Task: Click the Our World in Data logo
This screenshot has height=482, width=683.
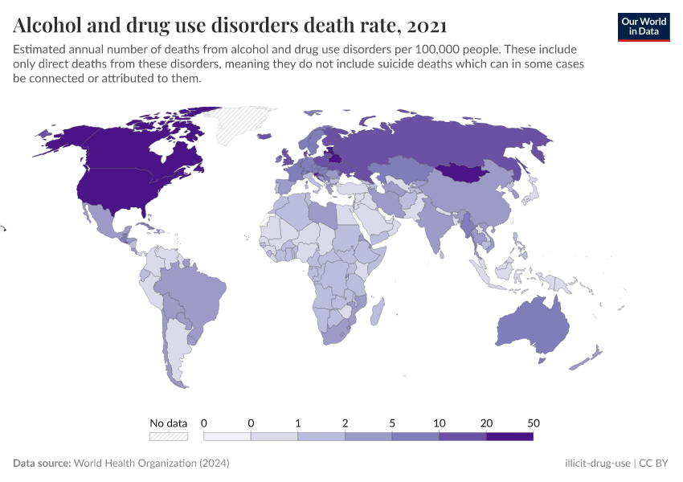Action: pos(643,26)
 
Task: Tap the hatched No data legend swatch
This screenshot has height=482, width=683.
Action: pos(168,436)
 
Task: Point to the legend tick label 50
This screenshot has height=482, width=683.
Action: pos(533,423)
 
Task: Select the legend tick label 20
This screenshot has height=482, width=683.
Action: pos(486,423)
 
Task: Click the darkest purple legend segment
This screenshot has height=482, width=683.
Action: pos(509,436)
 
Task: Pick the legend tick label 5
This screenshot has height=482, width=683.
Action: pos(392,423)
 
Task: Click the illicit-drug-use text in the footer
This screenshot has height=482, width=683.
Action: pos(597,464)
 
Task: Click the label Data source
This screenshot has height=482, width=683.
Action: pos(41,464)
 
